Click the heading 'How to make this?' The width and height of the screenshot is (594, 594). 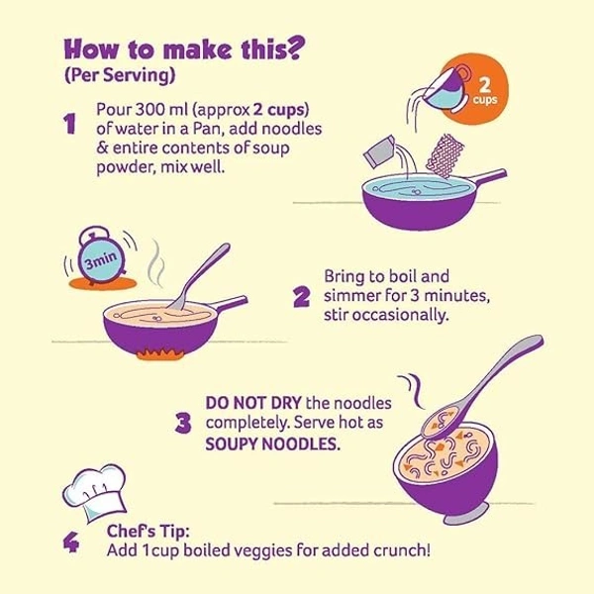(184, 49)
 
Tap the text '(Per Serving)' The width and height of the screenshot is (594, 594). (120, 75)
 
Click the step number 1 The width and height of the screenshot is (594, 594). (69, 124)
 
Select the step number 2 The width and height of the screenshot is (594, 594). (302, 297)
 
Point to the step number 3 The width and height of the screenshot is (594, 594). (183, 423)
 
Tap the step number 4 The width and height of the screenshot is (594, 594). (71, 543)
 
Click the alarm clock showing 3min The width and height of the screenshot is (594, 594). (101, 257)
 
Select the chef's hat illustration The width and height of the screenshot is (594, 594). (95, 492)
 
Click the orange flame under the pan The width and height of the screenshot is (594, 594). (160, 354)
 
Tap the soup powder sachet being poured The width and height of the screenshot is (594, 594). (379, 150)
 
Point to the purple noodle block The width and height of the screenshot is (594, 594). (445, 155)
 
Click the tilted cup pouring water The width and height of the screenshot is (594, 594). (447, 89)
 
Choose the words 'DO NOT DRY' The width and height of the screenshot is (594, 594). (253, 403)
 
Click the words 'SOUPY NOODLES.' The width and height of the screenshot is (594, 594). (273, 444)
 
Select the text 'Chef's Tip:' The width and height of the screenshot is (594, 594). (148, 531)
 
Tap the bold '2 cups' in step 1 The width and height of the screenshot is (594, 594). (279, 110)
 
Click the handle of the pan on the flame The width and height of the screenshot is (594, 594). (230, 304)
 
